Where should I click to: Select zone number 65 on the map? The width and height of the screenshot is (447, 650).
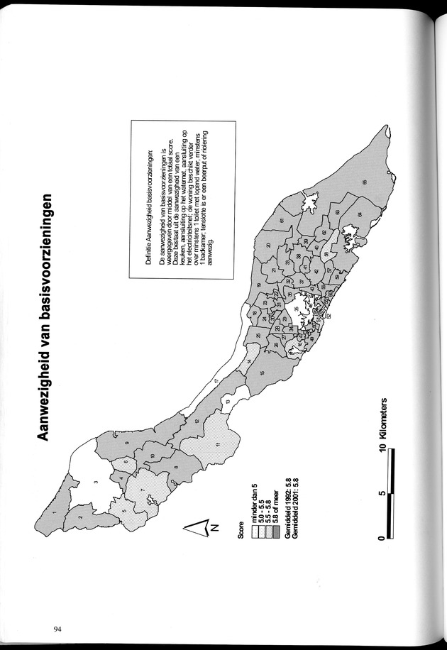pos(364,184)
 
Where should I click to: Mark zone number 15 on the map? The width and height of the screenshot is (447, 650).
pos(263,373)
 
